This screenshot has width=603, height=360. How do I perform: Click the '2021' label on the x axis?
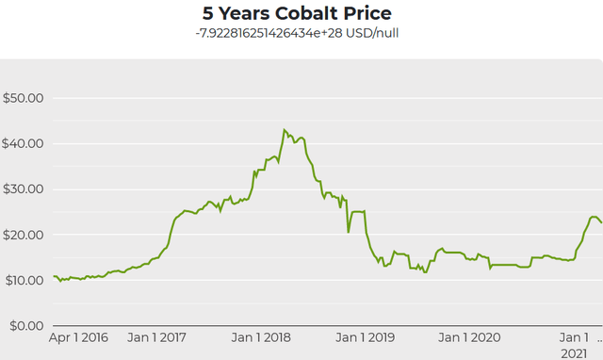pyautogui.click(x=573, y=352)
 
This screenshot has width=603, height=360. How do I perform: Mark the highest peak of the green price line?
pyautogui.click(x=284, y=130)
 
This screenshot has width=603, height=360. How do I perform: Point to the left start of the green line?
pyautogui.click(x=53, y=277)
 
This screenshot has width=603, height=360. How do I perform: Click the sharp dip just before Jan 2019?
pyautogui.click(x=348, y=232)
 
